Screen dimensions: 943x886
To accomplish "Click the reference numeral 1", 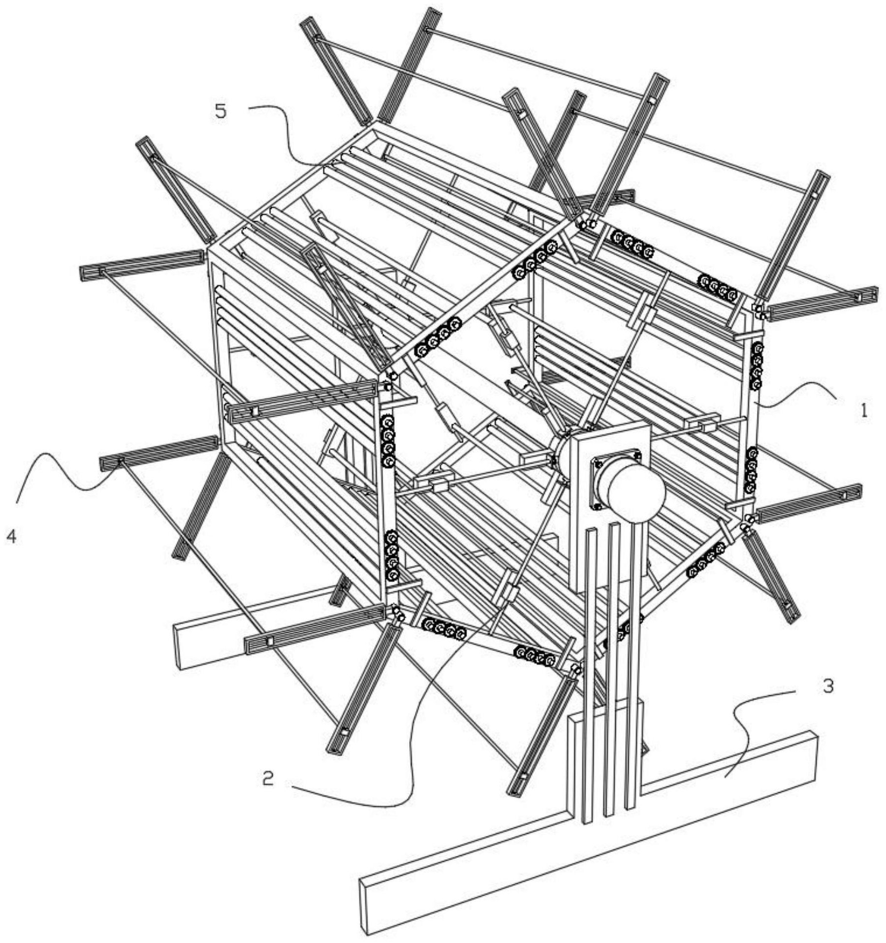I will (863, 411).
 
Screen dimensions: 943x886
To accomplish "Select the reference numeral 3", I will (828, 686).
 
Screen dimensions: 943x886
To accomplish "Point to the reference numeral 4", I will (11, 536).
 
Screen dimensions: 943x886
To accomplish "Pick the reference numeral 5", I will (221, 111).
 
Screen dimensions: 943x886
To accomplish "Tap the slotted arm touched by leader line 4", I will (158, 451).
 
